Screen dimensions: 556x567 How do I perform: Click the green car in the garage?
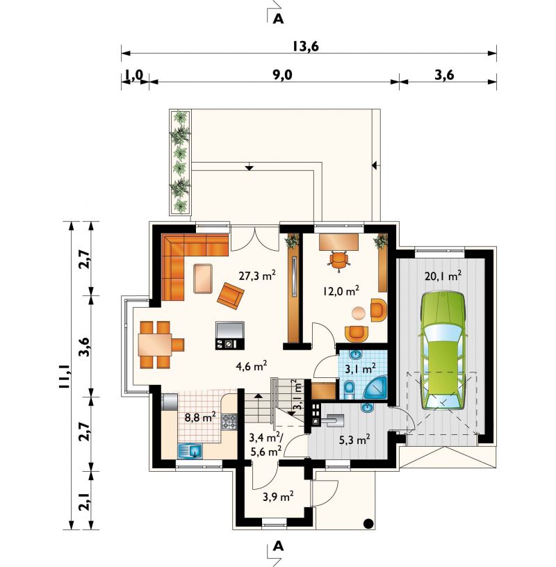443,351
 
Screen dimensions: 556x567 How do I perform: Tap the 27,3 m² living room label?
258,276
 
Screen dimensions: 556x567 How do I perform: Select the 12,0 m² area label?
341,290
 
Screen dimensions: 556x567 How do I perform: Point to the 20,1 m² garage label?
443,277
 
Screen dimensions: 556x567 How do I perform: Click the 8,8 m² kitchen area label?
200,418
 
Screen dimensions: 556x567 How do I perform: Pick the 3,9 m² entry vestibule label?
278,497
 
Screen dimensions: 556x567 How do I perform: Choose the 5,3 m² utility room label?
354,440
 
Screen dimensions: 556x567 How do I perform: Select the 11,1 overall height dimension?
64,377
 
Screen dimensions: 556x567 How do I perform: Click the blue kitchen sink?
190,450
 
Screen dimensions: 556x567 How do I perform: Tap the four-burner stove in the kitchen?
229,422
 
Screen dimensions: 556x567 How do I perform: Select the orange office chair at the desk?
339,260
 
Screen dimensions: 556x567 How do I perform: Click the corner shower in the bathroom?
376,387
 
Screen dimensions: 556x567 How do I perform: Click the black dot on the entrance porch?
368,523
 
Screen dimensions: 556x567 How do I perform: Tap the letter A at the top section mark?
278,19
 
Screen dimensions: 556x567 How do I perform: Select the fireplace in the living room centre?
230,335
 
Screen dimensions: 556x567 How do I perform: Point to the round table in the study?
359,313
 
